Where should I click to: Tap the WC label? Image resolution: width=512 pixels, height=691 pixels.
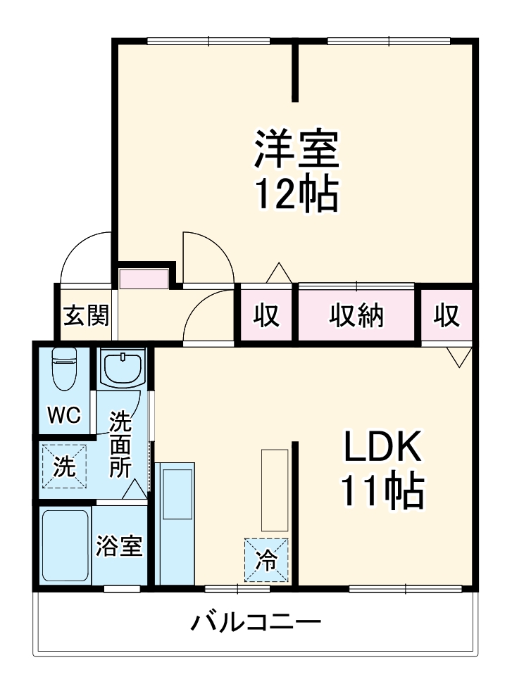[x=64, y=414]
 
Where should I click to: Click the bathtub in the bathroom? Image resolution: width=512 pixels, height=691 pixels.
[x=65, y=545]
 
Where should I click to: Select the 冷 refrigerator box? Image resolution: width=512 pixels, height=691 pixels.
[x=266, y=560]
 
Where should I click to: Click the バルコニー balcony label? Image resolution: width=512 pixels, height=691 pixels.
[x=256, y=623]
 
